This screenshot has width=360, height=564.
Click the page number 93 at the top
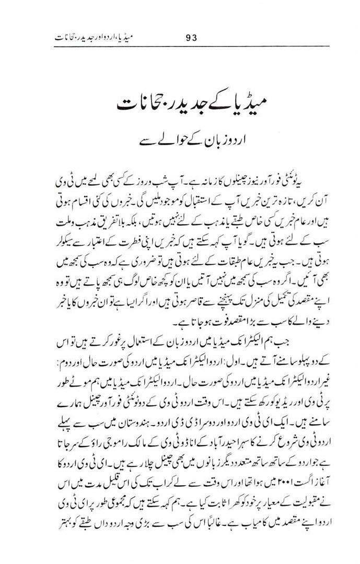pyautogui.click(x=191, y=37)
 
